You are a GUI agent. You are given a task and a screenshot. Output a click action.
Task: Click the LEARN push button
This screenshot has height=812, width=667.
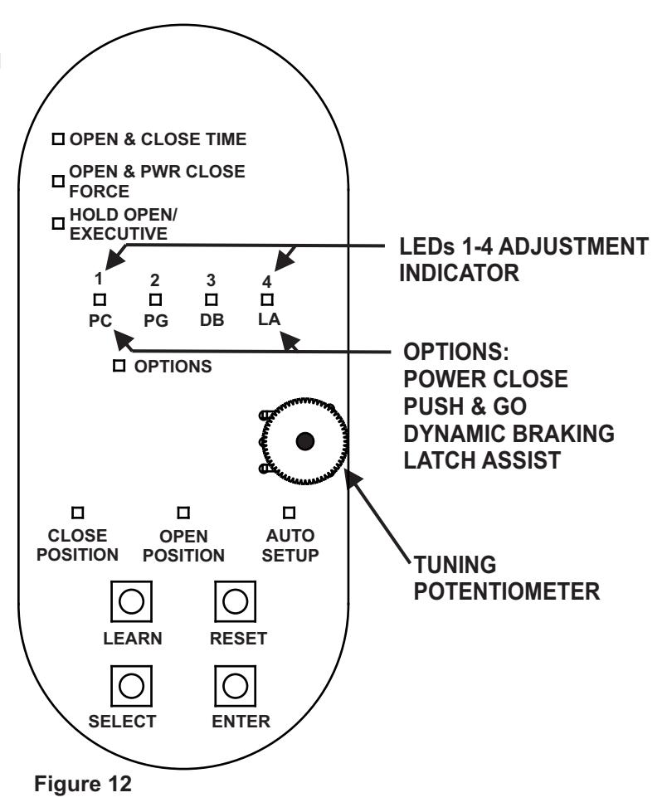(132, 601)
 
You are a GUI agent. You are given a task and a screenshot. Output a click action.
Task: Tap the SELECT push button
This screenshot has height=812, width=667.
(132, 686)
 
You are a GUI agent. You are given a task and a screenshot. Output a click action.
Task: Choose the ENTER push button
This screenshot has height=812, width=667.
(235, 686)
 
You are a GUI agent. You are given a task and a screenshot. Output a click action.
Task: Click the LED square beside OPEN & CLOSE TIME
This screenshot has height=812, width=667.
(58, 139)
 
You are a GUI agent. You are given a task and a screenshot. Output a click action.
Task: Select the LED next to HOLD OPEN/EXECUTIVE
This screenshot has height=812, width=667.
(58, 223)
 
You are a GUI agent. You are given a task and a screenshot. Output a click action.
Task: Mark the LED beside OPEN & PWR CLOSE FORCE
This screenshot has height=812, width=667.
(58, 181)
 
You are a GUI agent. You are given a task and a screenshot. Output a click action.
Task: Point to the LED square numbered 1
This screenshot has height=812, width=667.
(100, 299)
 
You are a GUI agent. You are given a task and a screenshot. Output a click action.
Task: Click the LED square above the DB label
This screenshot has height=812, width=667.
(212, 299)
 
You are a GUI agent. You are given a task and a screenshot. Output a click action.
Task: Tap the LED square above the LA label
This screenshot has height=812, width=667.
(266, 299)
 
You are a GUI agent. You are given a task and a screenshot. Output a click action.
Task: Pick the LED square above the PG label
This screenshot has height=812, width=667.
(155, 299)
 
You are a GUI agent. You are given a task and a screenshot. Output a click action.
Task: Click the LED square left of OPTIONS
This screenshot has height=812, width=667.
(119, 366)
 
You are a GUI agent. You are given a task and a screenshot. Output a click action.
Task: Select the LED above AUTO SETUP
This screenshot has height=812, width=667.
(289, 513)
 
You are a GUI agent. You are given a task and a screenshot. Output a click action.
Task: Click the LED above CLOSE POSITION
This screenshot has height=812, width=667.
(78, 513)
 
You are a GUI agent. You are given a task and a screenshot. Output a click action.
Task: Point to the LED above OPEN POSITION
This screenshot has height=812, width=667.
(183, 513)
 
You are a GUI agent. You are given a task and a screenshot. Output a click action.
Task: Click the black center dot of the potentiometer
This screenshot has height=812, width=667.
(305, 441)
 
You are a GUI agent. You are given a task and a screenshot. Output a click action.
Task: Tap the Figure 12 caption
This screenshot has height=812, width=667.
(83, 784)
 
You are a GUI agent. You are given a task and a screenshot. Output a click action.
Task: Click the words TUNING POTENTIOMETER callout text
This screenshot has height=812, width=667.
(506, 578)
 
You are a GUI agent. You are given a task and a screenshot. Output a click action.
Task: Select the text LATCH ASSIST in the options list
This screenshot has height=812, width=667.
(482, 460)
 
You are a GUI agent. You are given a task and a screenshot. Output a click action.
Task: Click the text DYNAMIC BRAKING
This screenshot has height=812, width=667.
(509, 434)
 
